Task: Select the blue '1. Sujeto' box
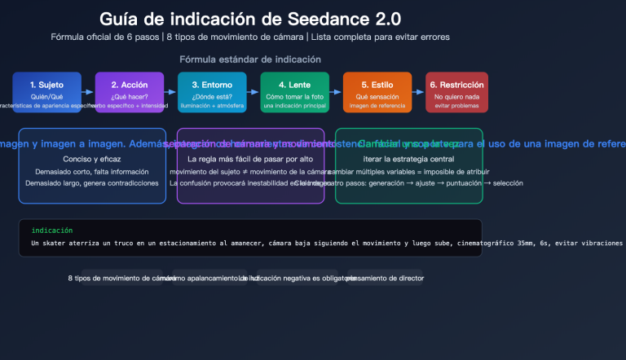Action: [46, 92]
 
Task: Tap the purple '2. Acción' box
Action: [130, 92]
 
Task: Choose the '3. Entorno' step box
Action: [212, 92]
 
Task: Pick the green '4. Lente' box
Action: [295, 92]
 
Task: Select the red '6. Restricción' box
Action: [456, 92]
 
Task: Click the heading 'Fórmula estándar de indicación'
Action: [249, 59]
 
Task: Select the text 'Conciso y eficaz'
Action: [92, 159]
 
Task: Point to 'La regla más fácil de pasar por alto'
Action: [250, 159]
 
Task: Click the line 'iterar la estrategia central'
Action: [408, 159]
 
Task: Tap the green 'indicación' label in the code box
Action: [52, 230]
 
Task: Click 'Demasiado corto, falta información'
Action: [92, 172]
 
